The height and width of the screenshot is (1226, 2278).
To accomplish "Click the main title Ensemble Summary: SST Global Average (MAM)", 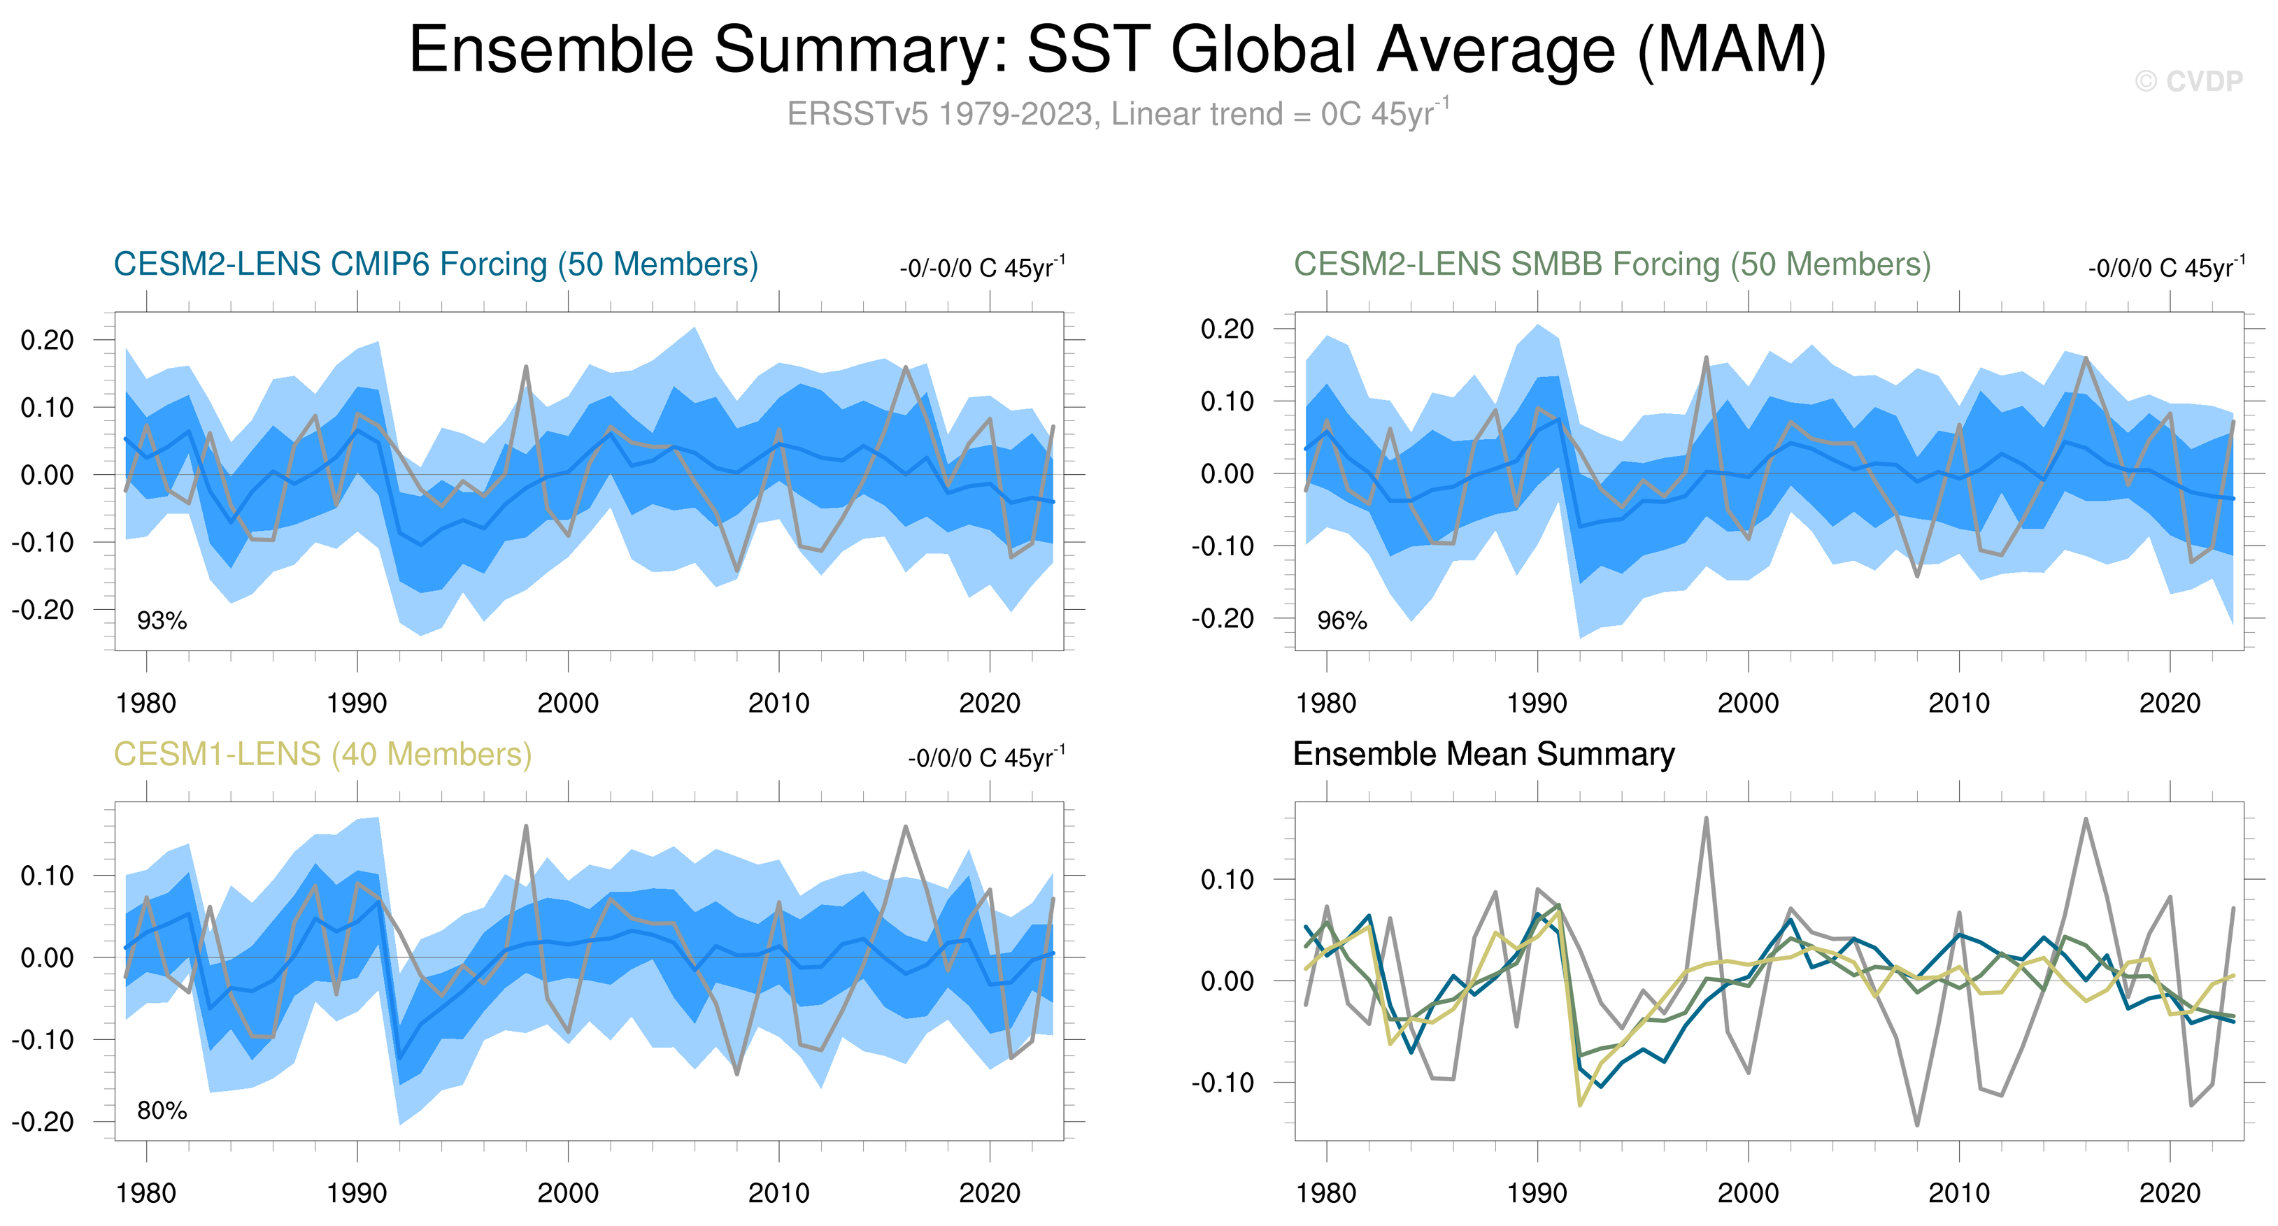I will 1117,50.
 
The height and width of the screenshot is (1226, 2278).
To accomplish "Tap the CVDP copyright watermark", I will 2188,81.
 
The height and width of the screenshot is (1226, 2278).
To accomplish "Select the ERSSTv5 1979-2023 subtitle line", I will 1117,114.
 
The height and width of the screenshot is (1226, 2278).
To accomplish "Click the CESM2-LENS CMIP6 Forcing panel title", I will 436,264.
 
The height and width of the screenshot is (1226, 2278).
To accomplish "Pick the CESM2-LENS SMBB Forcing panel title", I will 1611,264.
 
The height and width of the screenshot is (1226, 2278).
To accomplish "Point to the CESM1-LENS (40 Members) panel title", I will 322,755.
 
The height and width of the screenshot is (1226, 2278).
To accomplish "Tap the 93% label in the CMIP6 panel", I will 162,621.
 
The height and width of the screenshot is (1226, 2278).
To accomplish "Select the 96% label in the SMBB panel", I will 1341,621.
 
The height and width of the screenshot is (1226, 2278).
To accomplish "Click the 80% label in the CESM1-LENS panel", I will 162,1111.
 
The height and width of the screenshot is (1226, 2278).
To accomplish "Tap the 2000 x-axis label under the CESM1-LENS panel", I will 568,1193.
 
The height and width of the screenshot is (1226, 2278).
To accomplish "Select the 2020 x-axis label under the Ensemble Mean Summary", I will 2169,1193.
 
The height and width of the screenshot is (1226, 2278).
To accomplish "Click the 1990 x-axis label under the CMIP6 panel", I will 357,704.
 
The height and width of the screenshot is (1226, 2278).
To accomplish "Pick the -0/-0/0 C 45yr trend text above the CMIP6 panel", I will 981,267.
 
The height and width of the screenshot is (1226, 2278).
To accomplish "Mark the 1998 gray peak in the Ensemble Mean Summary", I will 1706,818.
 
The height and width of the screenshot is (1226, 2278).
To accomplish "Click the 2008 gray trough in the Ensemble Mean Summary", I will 1917,1125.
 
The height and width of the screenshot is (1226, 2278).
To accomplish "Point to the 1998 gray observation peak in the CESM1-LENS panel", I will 526,826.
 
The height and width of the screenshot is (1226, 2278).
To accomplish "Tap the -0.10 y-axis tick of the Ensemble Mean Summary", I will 1227,1083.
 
